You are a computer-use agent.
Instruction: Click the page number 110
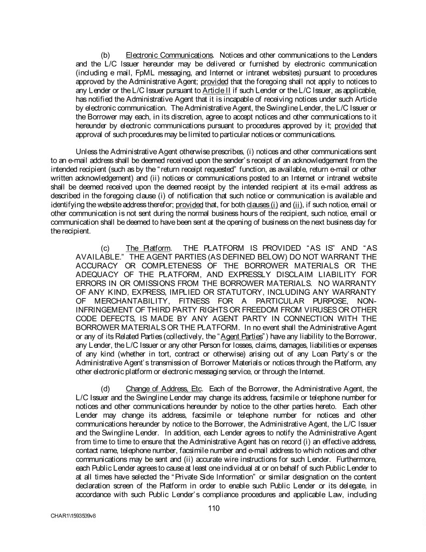(213, 508)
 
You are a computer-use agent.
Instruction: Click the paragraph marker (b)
(106, 56)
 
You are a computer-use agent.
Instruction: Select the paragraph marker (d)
(106, 388)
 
